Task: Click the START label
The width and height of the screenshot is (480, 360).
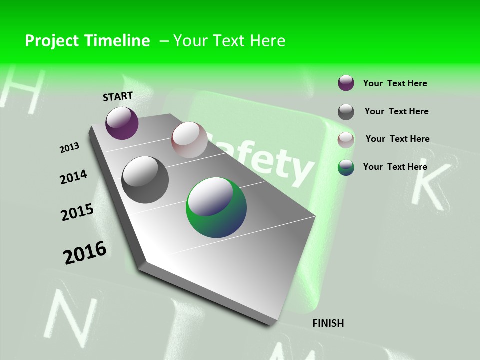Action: [118, 96]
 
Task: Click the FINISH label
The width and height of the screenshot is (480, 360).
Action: [328, 323]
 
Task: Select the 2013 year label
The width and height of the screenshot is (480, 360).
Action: [69, 148]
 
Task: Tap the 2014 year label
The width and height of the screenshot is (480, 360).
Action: [73, 177]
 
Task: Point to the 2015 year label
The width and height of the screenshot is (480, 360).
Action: [77, 212]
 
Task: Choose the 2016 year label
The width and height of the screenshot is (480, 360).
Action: [85, 252]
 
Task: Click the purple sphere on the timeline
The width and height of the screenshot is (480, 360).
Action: [122, 123]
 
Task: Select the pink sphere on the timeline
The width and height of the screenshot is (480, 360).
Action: [189, 140]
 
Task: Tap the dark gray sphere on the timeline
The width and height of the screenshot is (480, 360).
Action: [145, 179]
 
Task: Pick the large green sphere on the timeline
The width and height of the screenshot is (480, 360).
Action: [216, 207]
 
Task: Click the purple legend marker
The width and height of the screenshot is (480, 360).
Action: [346, 83]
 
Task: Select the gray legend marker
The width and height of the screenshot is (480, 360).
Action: [346, 111]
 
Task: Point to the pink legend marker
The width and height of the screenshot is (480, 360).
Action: [346, 139]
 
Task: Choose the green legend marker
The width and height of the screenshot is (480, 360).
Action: [346, 167]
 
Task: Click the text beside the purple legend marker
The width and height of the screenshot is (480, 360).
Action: [395, 83]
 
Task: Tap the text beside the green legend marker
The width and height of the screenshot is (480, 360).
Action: [395, 167]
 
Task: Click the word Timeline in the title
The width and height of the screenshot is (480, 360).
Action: [118, 41]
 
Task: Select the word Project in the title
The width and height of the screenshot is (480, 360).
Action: [51, 41]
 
